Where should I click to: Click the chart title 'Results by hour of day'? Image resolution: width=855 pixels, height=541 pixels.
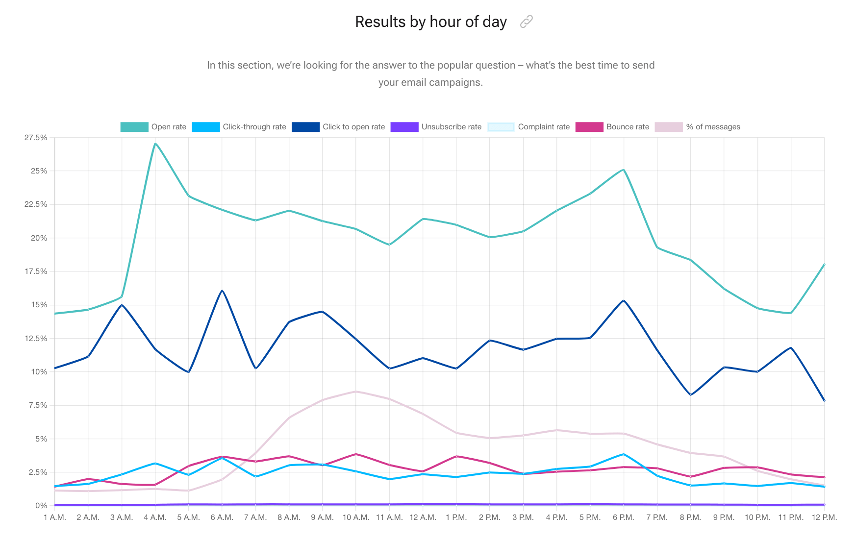(x=430, y=22)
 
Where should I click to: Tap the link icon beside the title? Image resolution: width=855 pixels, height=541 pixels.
(x=526, y=22)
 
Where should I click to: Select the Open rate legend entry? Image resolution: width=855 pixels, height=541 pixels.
(x=153, y=127)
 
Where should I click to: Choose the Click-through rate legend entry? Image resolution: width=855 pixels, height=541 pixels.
(x=239, y=127)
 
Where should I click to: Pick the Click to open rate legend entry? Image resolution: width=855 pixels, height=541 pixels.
(x=338, y=127)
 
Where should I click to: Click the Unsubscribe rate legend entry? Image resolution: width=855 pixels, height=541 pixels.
(x=436, y=127)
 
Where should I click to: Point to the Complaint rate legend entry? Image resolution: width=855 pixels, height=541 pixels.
(x=529, y=127)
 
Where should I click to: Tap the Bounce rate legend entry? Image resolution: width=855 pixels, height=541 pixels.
(x=613, y=127)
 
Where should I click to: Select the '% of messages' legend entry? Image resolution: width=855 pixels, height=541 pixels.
(x=698, y=127)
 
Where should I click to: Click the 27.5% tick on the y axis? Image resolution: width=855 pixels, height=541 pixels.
(x=36, y=138)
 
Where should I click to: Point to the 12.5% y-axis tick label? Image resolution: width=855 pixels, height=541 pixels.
(x=36, y=339)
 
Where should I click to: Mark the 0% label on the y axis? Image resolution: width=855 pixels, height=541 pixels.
(x=41, y=506)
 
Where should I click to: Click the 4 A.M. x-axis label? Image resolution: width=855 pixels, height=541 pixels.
(x=155, y=517)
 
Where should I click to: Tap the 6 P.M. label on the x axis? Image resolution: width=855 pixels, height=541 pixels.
(x=623, y=517)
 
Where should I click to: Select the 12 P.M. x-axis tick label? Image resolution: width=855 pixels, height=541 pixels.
(x=824, y=517)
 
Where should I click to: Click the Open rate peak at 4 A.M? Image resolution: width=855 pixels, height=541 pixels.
(x=155, y=144)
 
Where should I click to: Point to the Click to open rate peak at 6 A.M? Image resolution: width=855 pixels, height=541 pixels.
(x=222, y=291)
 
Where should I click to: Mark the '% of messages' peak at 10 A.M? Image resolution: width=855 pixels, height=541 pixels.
(x=355, y=392)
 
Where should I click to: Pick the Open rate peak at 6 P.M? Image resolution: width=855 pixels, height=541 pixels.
(x=623, y=170)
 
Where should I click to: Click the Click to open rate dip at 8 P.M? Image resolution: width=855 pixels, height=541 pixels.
(x=690, y=394)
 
